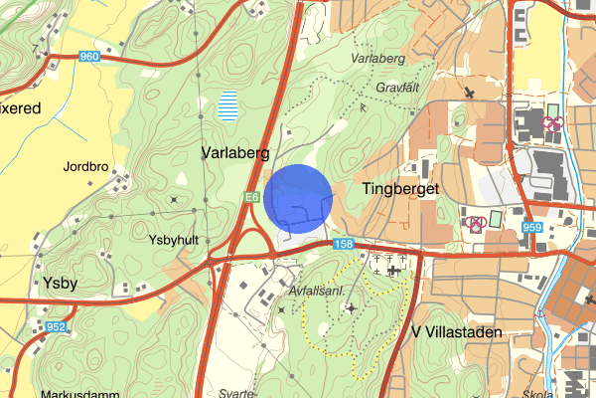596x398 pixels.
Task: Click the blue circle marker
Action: coord(299,198)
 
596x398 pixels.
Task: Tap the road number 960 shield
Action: coord(89,57)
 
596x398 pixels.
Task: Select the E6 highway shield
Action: coord(253,199)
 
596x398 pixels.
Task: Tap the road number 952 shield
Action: coord(57,325)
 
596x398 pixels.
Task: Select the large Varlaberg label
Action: coord(235,153)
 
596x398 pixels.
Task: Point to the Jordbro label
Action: coord(84,166)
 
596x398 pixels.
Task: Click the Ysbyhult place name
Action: coord(174,240)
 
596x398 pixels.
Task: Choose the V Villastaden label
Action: coord(457,331)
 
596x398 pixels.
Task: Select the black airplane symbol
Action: coord(469,93)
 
